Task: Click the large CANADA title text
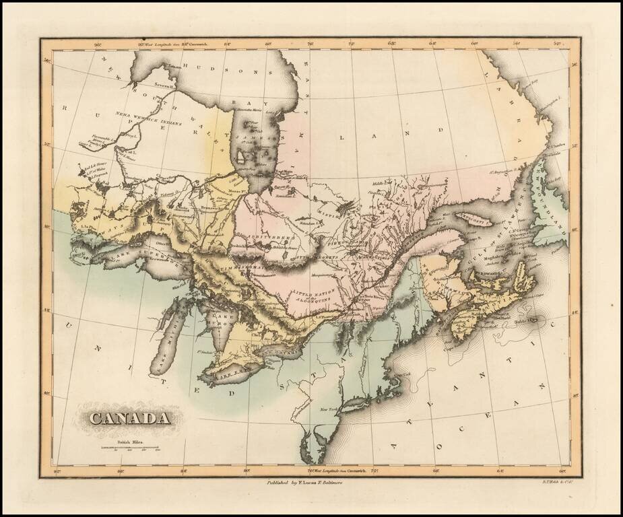(129, 418)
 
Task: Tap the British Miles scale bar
(129, 447)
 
